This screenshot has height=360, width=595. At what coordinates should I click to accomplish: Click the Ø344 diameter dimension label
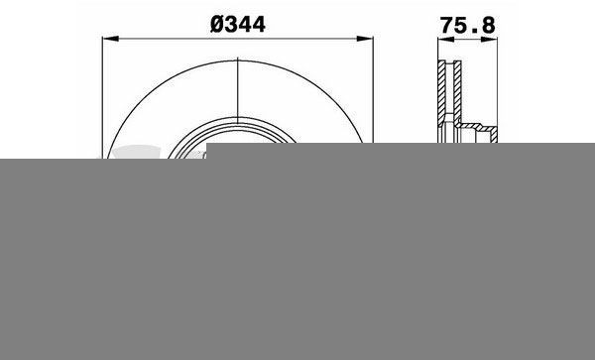pyautogui.click(x=238, y=25)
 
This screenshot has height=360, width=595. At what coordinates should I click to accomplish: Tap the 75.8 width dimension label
pyautogui.click(x=467, y=26)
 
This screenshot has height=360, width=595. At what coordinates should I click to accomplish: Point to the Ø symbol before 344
pyautogui.click(x=217, y=25)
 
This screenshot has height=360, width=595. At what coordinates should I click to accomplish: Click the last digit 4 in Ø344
pyautogui.click(x=259, y=25)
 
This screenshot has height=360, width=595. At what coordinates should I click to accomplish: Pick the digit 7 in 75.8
pyautogui.click(x=446, y=26)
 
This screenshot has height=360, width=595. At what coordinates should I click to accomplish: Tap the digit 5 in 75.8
pyautogui.click(x=461, y=26)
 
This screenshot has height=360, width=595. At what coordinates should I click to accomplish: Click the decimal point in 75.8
pyautogui.click(x=474, y=32)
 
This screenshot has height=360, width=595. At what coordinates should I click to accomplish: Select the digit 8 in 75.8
pyautogui.click(x=489, y=26)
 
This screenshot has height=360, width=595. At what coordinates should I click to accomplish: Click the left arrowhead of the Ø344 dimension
pyautogui.click(x=110, y=39)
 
